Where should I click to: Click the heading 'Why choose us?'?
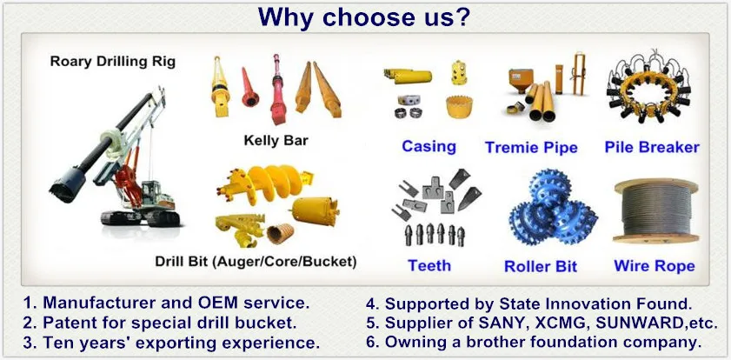pyautogui.click(x=365, y=17)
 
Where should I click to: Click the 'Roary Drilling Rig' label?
pyautogui.click(x=112, y=62)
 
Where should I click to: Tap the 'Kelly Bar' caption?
pyautogui.click(x=277, y=140)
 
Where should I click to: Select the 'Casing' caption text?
pyautogui.click(x=429, y=146)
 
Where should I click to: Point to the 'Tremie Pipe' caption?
pyautogui.click(x=531, y=147)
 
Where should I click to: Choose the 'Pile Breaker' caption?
pyautogui.click(x=652, y=147)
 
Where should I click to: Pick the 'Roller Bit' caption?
pyautogui.click(x=540, y=266)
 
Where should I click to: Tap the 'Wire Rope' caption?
pyautogui.click(x=654, y=265)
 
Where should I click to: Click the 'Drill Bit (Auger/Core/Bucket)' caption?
pyautogui.click(x=256, y=261)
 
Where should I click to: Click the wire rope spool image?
pyautogui.click(x=655, y=212)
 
